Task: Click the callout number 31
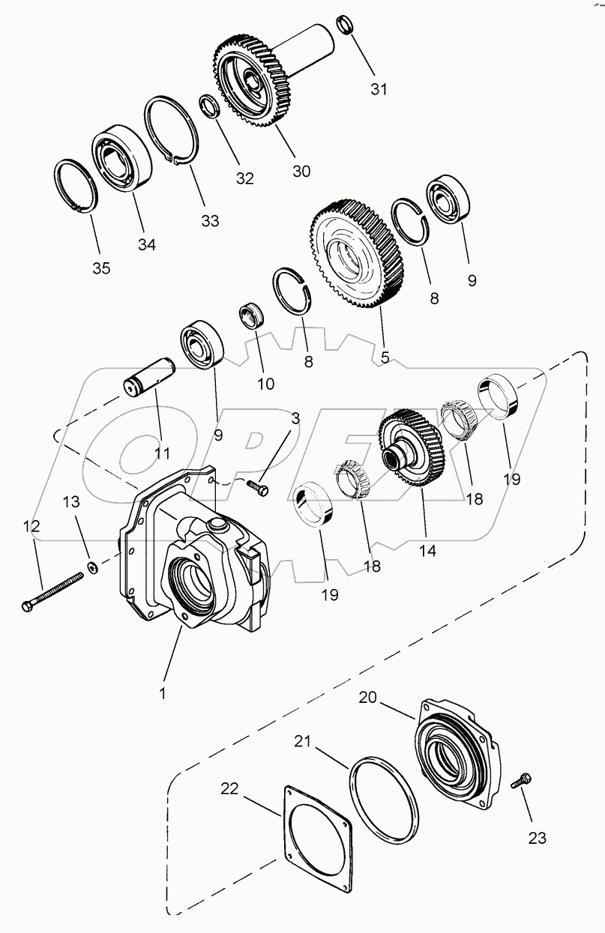point(380,89)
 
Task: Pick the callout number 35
point(100,268)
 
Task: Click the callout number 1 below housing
point(162,694)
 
